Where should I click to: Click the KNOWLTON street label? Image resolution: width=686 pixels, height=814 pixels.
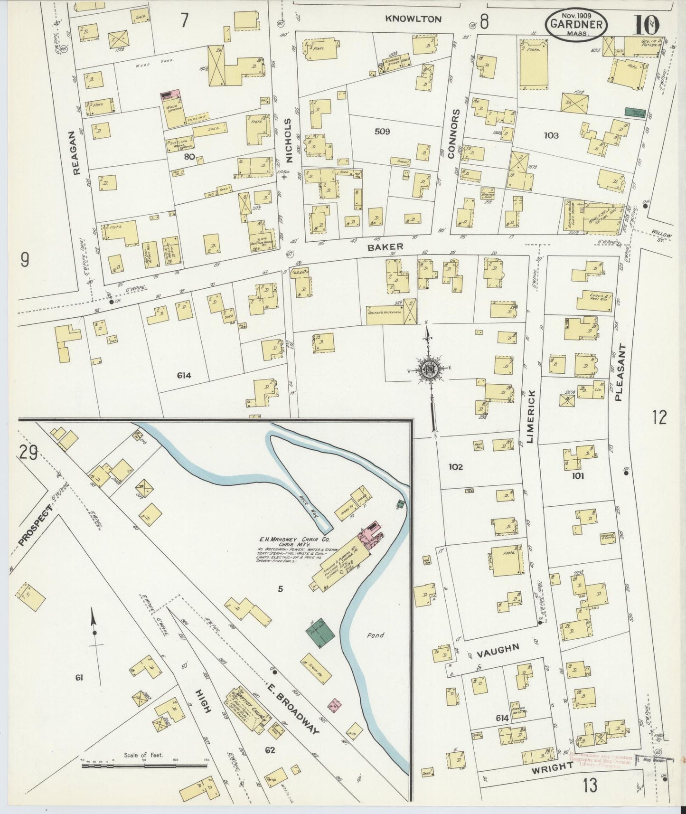click(413, 19)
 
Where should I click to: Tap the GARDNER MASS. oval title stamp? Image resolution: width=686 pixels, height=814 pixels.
click(577, 25)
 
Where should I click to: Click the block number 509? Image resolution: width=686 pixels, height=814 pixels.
click(382, 132)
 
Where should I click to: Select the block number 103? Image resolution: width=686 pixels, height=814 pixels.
click(551, 136)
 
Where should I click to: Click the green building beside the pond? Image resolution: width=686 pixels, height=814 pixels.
click(322, 633)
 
